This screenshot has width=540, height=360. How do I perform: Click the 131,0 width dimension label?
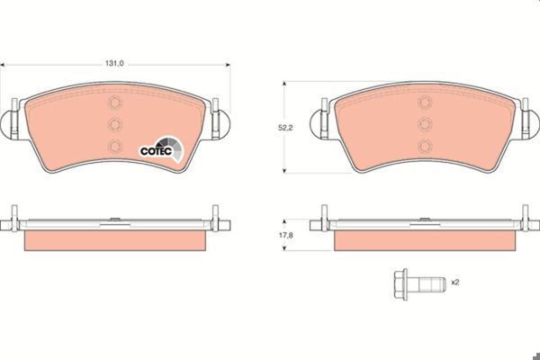point(114,64)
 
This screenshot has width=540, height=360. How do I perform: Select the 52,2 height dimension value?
point(285,128)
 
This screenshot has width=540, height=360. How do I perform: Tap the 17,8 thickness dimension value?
point(285,235)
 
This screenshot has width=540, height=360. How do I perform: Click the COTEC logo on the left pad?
point(161,149)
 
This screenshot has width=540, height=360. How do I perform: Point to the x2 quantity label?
point(455,282)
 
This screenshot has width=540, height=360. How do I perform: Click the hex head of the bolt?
point(400,284)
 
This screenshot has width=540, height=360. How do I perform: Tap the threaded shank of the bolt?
point(427,284)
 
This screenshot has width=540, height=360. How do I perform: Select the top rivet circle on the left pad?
point(115,103)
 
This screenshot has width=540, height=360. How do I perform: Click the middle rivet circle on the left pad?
point(115,124)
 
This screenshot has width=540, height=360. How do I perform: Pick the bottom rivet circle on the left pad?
point(115,147)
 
